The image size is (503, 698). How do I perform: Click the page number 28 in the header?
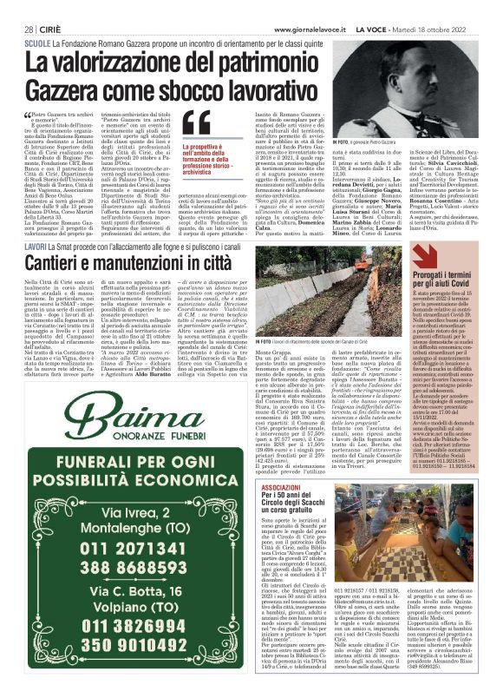29,29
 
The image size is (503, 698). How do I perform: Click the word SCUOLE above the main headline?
38,42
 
